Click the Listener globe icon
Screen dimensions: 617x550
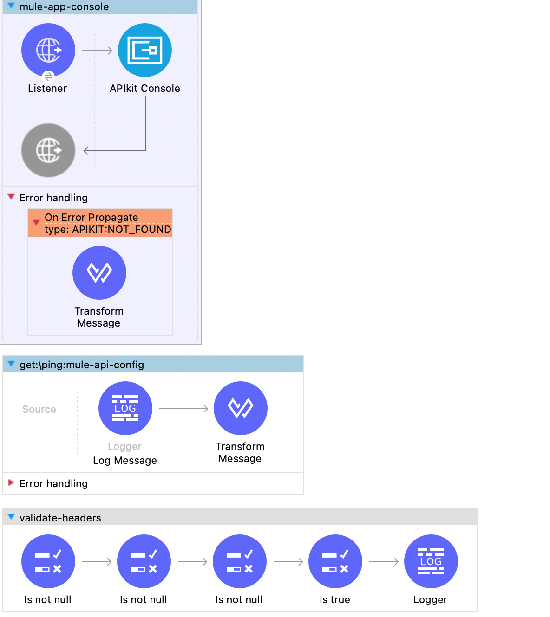coord(48,50)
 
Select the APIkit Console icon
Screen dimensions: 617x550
coord(145,50)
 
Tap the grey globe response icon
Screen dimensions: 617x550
coord(48,150)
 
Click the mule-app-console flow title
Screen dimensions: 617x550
coord(64,7)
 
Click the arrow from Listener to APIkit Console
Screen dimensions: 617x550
coord(98,51)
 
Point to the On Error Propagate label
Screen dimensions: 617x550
coord(91,217)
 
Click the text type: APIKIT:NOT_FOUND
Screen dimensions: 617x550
coord(108,230)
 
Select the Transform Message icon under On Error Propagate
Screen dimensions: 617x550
coord(99,272)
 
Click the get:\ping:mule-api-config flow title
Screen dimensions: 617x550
coord(82,365)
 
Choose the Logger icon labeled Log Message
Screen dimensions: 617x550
coord(125,408)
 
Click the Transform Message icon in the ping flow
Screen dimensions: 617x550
coord(241,408)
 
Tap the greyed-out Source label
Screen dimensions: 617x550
coord(39,410)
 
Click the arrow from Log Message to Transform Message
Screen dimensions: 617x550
coord(183,409)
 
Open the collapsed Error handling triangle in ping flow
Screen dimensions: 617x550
coord(11,483)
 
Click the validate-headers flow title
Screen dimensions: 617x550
coord(60,518)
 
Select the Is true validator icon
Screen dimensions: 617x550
coord(335,561)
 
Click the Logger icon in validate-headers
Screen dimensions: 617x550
coord(431,561)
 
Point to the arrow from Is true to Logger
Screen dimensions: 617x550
coord(384,562)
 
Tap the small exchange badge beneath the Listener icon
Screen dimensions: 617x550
coord(48,77)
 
